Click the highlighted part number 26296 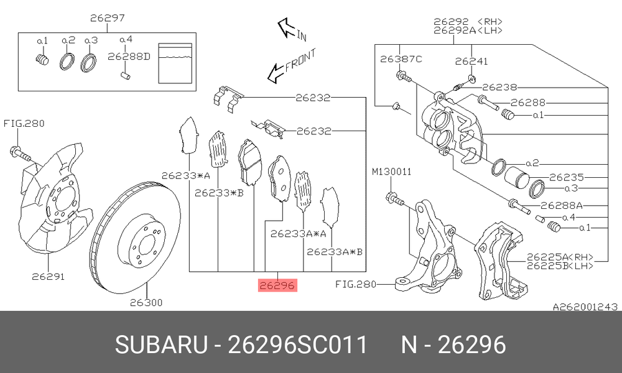pos(277,285)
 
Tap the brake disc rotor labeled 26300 pos(136,238)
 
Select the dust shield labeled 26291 pos(55,198)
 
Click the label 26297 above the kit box pos(107,18)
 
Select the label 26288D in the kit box pos(129,57)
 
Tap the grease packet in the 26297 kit pos(175,63)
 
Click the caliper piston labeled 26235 pos(516,177)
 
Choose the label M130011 pos(391,172)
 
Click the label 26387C pos(401,59)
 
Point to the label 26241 pos(471,62)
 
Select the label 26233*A pos(185,175)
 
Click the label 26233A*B pos(335,251)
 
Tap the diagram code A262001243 pos(585,306)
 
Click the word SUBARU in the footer pos(161,344)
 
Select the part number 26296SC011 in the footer pos(297,344)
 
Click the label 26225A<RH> pos(560,257)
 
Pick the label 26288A pos(562,205)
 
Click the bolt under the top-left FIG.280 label pos(20,155)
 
